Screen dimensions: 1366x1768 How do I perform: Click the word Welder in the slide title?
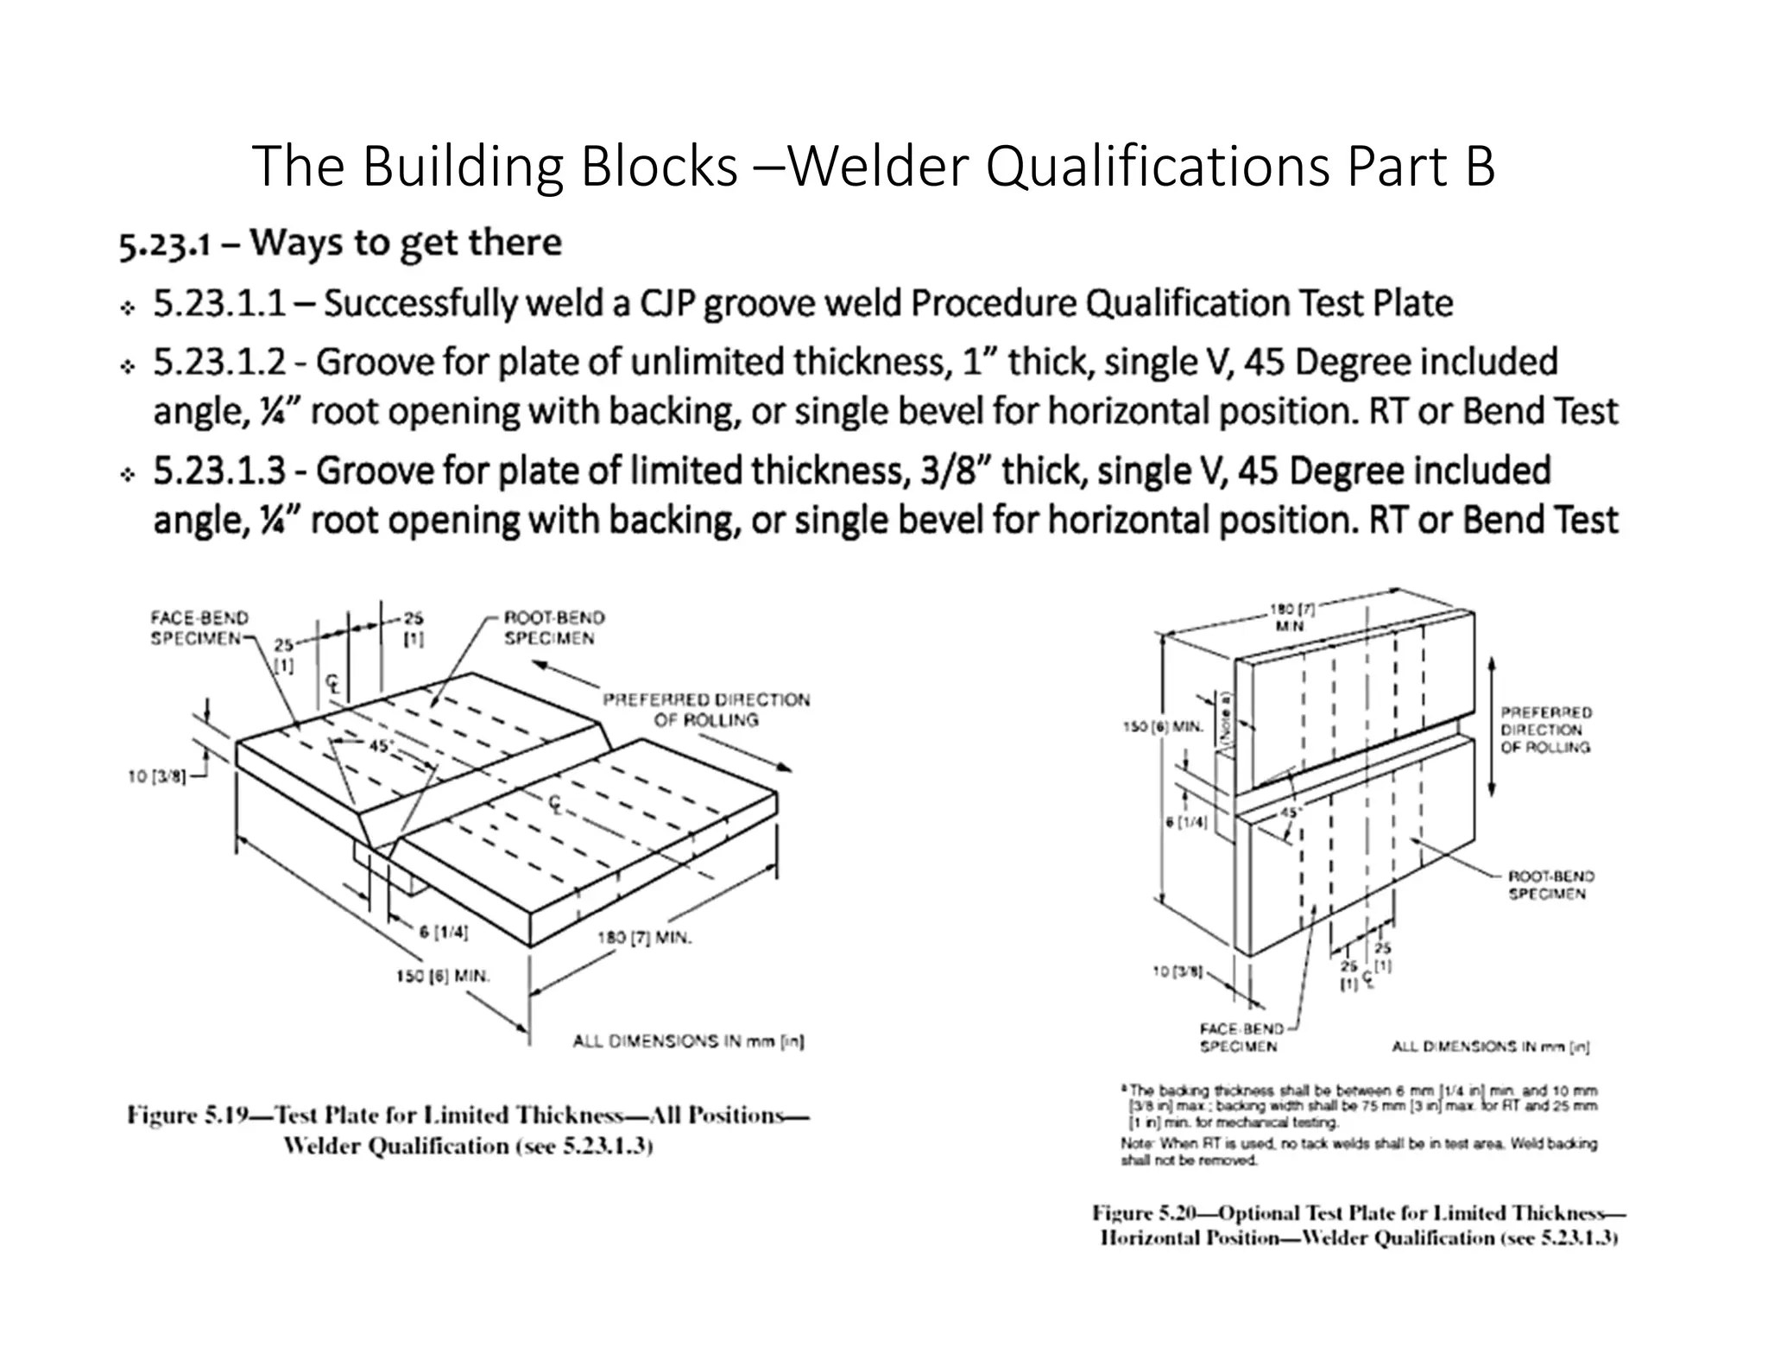click(879, 168)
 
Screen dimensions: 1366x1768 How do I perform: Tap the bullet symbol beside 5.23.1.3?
click(128, 476)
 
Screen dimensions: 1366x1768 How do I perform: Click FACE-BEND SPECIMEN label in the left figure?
click(199, 628)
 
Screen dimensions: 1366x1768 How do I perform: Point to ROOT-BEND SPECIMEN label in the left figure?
click(554, 628)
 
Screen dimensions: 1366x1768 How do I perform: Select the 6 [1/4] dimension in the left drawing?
click(444, 932)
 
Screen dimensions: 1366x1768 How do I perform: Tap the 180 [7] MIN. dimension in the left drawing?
click(644, 938)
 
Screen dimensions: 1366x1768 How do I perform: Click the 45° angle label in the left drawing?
click(381, 745)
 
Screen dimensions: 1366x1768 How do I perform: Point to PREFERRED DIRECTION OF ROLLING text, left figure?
click(706, 709)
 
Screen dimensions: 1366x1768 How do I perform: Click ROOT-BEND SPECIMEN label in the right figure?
click(1550, 884)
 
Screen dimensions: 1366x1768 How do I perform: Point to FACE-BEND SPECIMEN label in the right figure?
click(1238, 1037)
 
